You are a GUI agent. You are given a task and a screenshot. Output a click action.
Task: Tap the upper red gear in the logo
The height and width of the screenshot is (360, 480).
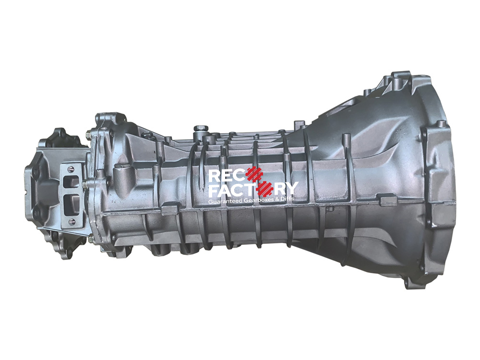click(255, 175)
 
